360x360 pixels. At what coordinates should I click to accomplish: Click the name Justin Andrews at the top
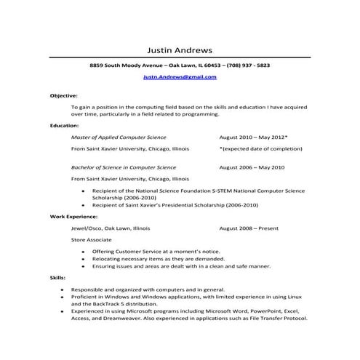coord(180,50)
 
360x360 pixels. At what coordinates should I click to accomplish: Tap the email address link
coord(179,76)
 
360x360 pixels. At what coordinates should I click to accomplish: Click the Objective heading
coord(63,95)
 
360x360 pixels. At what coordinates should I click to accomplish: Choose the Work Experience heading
coord(73,216)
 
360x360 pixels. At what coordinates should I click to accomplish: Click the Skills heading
coord(57,278)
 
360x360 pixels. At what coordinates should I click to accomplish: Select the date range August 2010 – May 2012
coord(252,137)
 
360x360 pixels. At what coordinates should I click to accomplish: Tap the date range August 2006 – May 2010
coord(252,167)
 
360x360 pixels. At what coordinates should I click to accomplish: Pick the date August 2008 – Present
coord(248,228)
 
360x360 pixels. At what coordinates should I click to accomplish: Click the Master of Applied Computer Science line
coord(119,137)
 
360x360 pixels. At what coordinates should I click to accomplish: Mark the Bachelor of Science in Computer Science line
coord(122,167)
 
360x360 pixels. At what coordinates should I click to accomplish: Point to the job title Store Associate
coord(92,239)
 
